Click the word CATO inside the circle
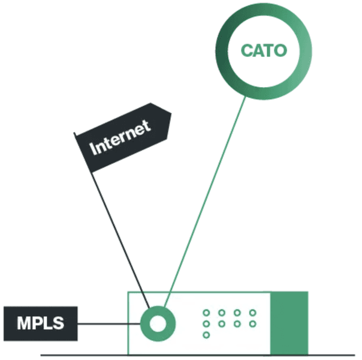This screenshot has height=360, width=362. pos(264,49)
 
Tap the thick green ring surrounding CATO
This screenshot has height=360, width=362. pos(264,14)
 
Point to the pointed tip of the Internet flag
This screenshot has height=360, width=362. pos(171,115)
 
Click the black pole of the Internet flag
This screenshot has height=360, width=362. pos(120,234)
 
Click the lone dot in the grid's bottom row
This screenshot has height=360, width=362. pos(206,334)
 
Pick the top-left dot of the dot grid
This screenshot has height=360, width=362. pos(206,313)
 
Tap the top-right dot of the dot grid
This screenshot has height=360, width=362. pos(252,313)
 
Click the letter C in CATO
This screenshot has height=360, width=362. pos(248,50)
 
